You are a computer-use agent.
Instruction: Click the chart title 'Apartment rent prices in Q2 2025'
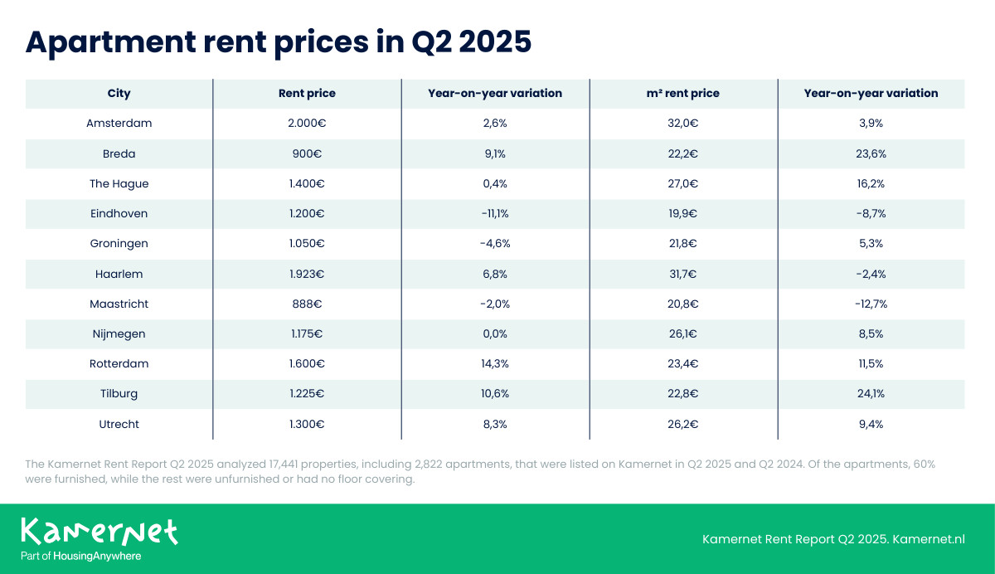[278, 41]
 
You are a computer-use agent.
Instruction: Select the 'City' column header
[119, 94]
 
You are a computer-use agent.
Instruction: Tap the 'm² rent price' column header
[683, 94]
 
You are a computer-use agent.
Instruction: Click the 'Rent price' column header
[307, 94]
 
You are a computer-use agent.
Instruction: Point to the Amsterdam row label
[119, 124]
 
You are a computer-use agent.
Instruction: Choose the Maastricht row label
[119, 304]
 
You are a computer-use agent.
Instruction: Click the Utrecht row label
[119, 424]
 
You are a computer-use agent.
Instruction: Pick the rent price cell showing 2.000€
[307, 124]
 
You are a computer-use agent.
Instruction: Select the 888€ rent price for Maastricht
[307, 304]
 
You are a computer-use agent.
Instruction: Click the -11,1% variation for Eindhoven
[495, 214]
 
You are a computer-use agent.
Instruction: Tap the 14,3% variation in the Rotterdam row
[495, 364]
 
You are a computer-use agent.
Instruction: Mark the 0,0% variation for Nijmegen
[495, 334]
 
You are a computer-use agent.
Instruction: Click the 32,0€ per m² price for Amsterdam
[683, 124]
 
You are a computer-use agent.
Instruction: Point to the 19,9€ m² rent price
[683, 214]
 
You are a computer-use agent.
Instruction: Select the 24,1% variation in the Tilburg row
[871, 394]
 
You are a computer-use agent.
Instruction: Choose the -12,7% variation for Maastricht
[871, 304]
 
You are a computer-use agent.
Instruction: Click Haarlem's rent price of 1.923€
[307, 274]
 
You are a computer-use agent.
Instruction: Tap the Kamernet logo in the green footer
[99, 531]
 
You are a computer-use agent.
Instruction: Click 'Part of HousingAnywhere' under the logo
[80, 556]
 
